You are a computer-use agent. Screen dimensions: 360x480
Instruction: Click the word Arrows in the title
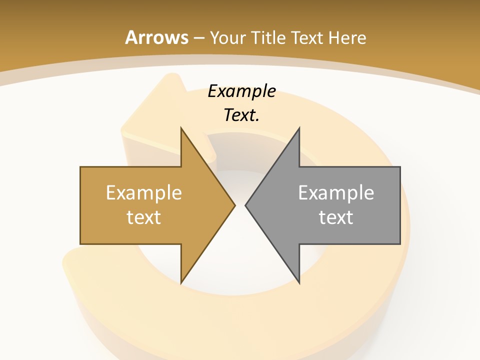tap(156, 37)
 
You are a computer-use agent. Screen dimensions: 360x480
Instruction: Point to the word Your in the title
tap(227, 37)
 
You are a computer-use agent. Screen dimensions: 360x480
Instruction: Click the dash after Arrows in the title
tap(198, 38)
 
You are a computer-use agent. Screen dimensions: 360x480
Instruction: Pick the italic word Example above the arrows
tap(241, 91)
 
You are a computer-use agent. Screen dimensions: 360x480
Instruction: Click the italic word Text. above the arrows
tap(241, 115)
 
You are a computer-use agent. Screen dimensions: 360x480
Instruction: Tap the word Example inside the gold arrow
tap(144, 192)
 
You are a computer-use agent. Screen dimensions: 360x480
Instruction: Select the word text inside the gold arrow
tap(144, 217)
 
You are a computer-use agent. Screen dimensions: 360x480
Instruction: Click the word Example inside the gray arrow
tap(336, 192)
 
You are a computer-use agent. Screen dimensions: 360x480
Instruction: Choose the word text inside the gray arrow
tap(336, 217)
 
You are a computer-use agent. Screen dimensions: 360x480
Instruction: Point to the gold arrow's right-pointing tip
tap(234, 205)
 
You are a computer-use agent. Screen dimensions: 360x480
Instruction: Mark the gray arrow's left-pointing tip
tap(246, 205)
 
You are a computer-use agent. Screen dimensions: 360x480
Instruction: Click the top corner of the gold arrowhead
tap(181, 128)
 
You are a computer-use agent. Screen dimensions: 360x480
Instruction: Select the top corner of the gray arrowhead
tap(299, 128)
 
